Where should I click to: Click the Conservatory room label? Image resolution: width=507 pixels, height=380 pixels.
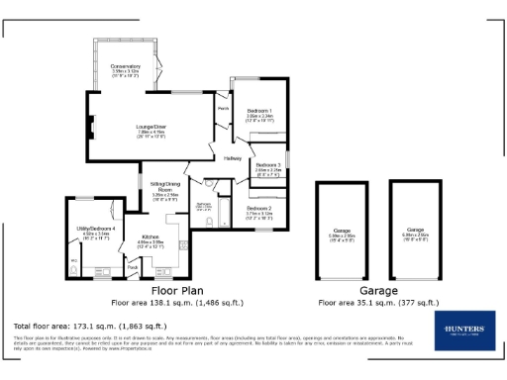click(125, 66)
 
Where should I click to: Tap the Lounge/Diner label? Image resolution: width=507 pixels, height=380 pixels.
click(151, 127)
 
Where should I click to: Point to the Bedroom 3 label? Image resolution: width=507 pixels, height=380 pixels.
click(266, 164)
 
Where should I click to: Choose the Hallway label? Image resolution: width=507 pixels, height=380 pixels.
click(233, 158)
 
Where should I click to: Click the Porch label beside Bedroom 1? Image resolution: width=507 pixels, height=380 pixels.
click(223, 108)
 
